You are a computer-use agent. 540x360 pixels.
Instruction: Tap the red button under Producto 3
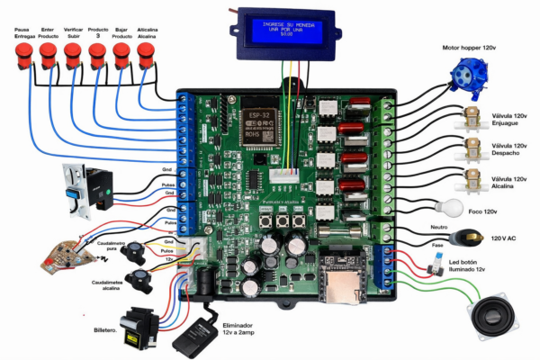tap(96, 58)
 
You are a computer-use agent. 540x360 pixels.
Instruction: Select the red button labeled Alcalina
tap(146, 57)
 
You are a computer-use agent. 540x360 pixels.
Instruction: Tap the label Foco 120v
tap(485, 211)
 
